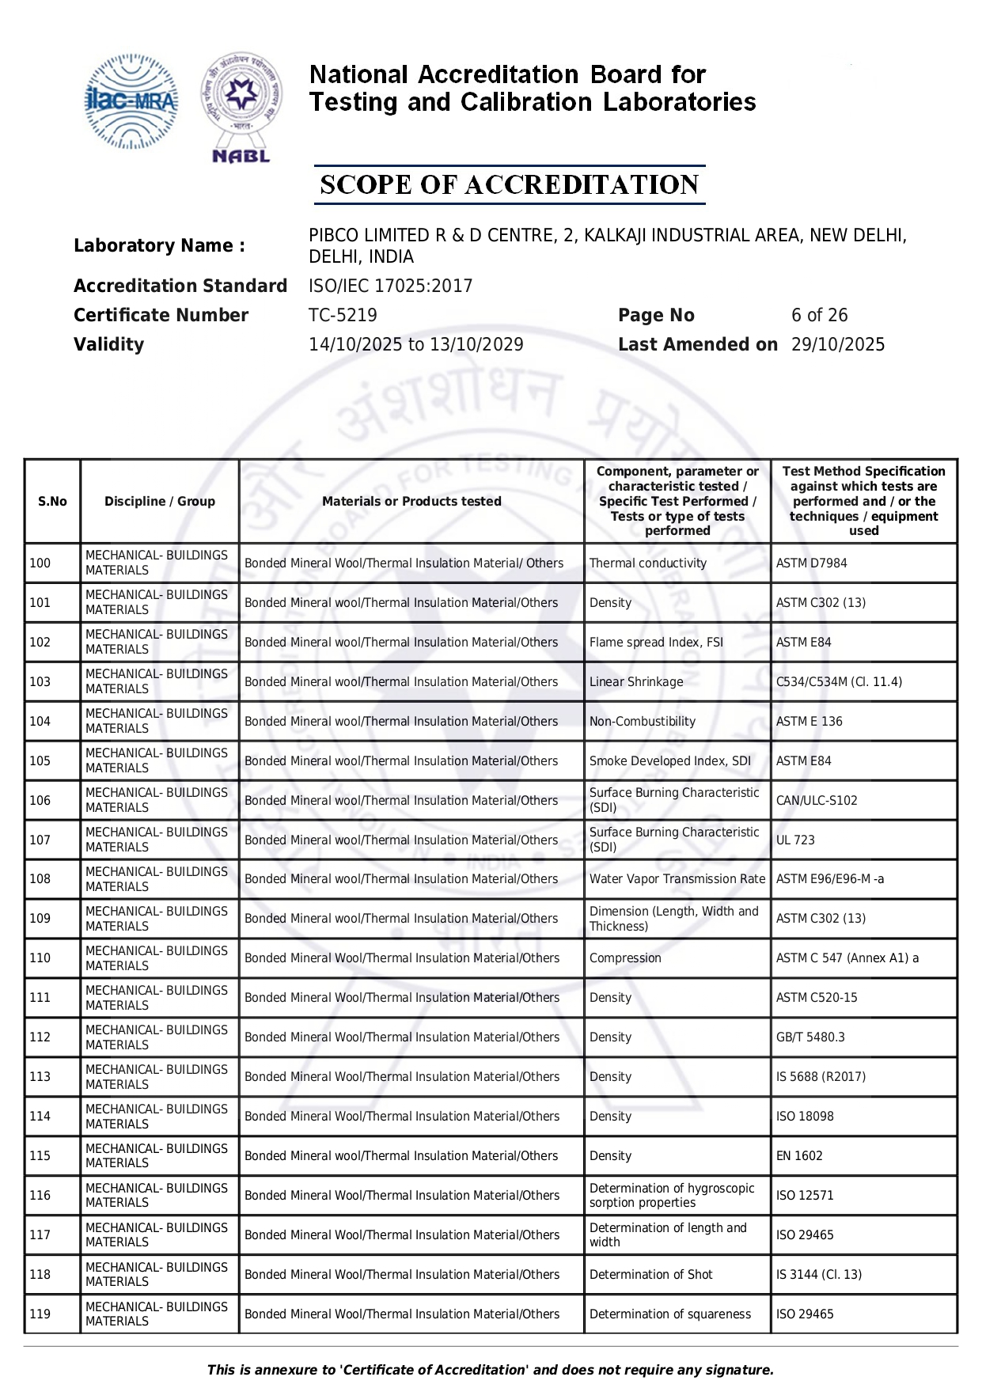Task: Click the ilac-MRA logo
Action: [131, 101]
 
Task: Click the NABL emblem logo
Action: [241, 107]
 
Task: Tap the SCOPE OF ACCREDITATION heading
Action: [509, 185]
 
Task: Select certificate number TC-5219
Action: [343, 316]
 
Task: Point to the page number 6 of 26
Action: [819, 316]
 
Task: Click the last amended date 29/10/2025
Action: [838, 345]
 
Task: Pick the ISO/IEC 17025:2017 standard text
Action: [390, 286]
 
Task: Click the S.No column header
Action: [52, 502]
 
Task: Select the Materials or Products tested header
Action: [411, 502]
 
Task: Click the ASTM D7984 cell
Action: [811, 563]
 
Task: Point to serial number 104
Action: [40, 722]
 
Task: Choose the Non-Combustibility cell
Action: [643, 722]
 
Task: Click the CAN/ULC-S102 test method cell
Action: [817, 801]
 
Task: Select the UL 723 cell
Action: [795, 840]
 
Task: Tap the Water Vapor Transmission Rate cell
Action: [677, 879]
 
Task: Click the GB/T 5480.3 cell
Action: [810, 1037]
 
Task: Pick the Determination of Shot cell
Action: [651, 1275]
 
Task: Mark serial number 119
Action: [40, 1314]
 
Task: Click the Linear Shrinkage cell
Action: [636, 682]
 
